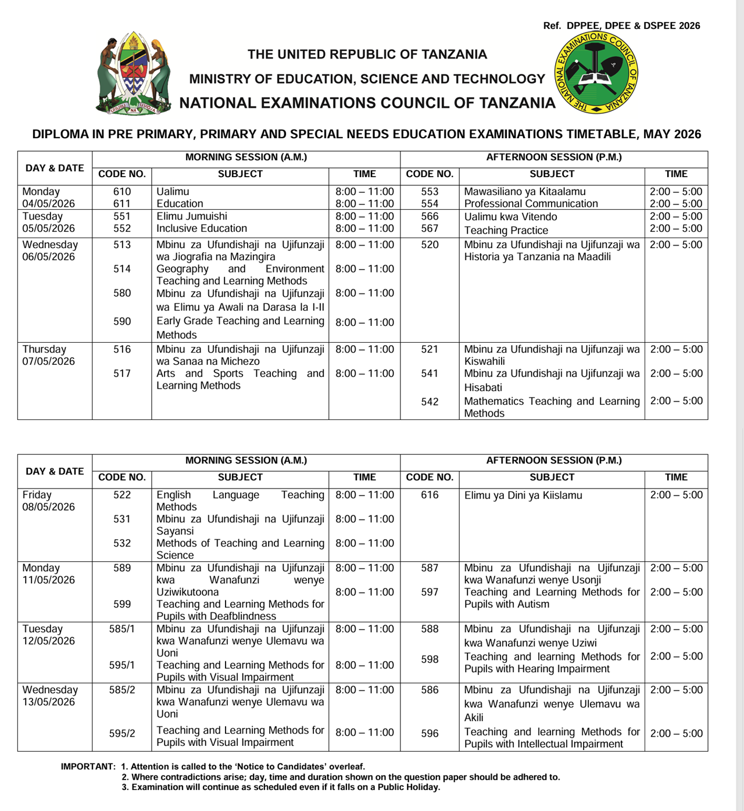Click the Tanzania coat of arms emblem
pos(134,74)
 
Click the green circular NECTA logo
pos(596,73)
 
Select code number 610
pos(122,192)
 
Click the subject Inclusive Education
pos(202,228)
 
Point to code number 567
pos(430,228)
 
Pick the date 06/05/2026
pos(49,257)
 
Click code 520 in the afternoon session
pos(430,245)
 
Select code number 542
pos(430,401)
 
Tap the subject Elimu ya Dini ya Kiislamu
pos(523,496)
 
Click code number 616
pos(430,495)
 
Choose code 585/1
pos(122,629)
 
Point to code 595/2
pos(122,733)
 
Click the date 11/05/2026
pos(49,580)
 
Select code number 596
pos(430,733)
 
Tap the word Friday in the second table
pos(37,495)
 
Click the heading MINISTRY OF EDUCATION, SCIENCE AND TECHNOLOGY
pos(367,79)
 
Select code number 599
pos(122,604)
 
